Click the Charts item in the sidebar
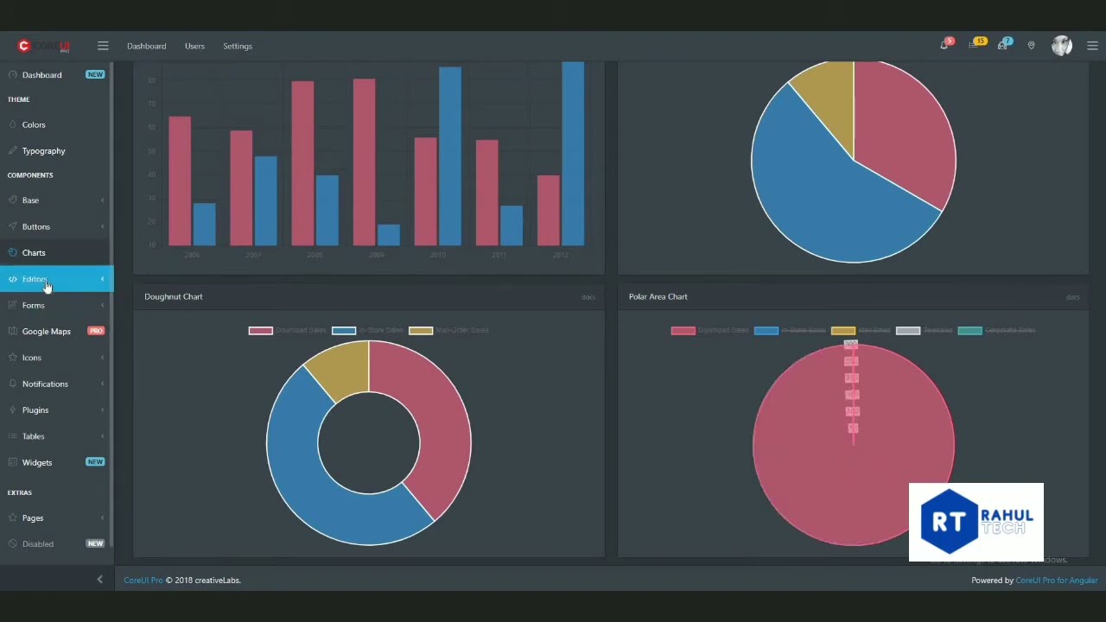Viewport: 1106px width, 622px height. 34,253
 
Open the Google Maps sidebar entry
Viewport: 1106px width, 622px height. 46,332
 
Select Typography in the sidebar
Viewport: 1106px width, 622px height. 43,151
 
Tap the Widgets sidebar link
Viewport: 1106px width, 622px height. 37,463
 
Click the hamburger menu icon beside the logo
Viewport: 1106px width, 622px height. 103,46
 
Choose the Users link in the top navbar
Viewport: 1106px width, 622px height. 194,47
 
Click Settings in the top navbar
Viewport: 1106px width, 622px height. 238,47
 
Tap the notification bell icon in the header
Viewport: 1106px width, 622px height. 944,46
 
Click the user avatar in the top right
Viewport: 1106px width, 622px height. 1061,46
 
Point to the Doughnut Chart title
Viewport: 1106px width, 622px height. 174,297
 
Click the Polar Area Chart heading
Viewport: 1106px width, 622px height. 658,297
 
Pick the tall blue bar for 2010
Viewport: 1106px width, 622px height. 449,155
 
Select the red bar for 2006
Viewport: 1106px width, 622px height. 180,181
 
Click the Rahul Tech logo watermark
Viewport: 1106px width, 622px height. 976,522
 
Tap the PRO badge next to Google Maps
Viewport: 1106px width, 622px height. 96,332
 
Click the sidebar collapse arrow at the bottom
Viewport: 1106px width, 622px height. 99,580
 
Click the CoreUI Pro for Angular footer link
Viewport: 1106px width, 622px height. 1056,581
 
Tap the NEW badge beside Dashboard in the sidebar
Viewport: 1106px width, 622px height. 95,75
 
